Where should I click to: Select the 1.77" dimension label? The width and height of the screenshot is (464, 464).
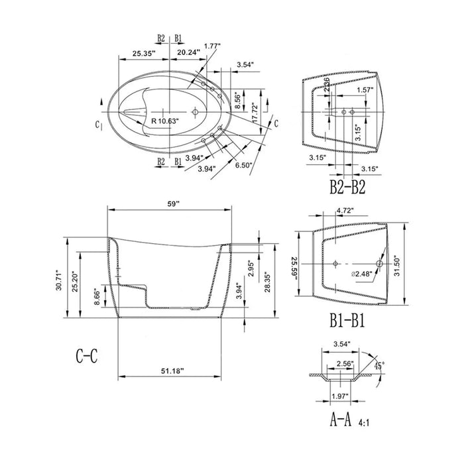(212, 46)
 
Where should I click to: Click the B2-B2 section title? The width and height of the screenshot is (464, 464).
(347, 187)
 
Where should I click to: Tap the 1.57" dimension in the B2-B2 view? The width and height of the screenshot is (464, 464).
(365, 89)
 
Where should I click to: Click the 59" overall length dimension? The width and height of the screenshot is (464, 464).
(174, 205)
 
